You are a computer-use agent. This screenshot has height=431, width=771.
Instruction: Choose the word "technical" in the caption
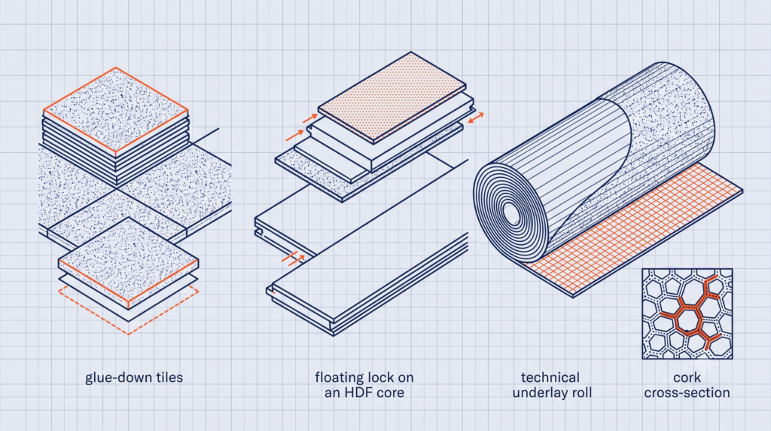point(550,378)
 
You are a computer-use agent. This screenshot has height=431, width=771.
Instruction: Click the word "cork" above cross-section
point(687,378)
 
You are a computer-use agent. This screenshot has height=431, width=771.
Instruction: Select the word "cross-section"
point(687,393)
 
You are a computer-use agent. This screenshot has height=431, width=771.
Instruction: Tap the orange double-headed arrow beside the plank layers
point(476,118)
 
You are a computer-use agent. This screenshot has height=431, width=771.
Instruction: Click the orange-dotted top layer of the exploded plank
point(392,97)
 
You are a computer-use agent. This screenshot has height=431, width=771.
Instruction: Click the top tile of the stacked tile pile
point(115,110)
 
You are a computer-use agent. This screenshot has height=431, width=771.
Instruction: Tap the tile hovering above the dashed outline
point(128,260)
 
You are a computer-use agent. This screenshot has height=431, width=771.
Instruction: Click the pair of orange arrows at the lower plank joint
point(294,258)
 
